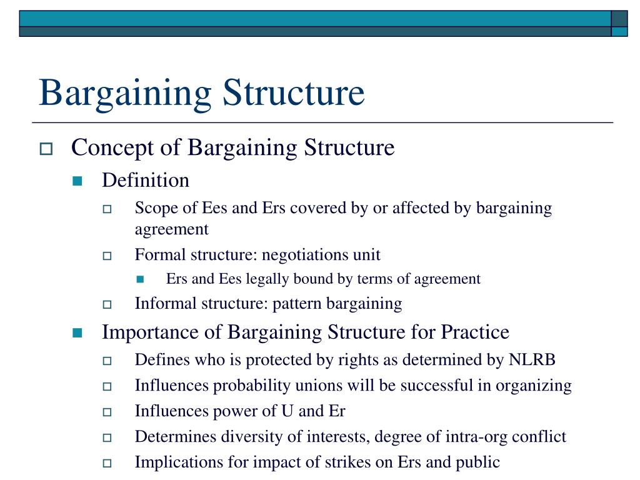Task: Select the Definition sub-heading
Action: [x=146, y=181]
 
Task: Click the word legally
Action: [x=263, y=279]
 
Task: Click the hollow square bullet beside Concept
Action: [x=46, y=149]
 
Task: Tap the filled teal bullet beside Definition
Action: [x=77, y=181]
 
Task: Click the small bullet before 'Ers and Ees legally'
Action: [x=140, y=279]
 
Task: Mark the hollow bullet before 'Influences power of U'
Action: [x=107, y=412]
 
